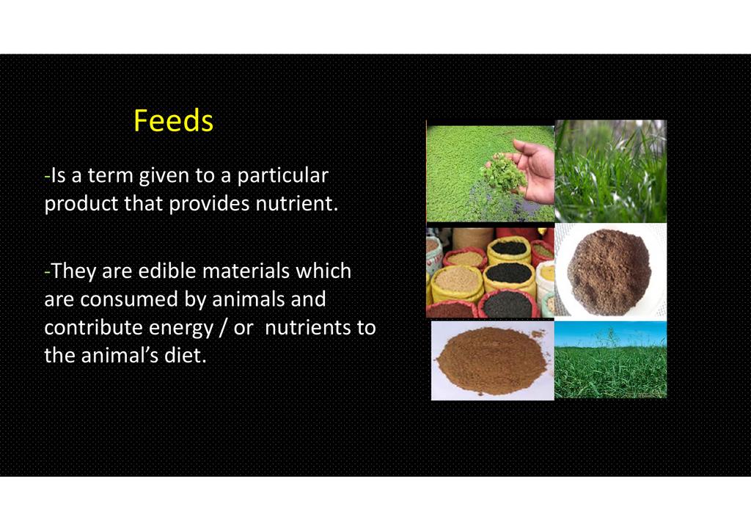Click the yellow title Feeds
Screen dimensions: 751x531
(173, 120)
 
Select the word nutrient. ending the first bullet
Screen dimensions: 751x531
(297, 203)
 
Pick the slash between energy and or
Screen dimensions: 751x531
(223, 328)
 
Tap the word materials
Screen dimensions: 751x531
(246, 271)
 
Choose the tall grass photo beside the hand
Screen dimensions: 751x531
(611, 171)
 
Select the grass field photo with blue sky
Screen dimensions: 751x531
(611, 359)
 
